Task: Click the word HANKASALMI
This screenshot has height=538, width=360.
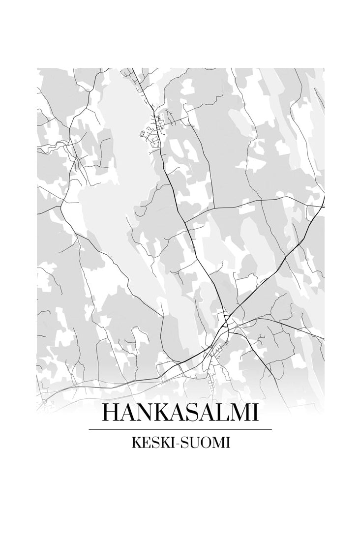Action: [x=180, y=412]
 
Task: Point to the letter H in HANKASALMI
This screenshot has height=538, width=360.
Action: [x=111, y=412]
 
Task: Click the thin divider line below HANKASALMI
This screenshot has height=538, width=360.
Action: [x=180, y=429]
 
